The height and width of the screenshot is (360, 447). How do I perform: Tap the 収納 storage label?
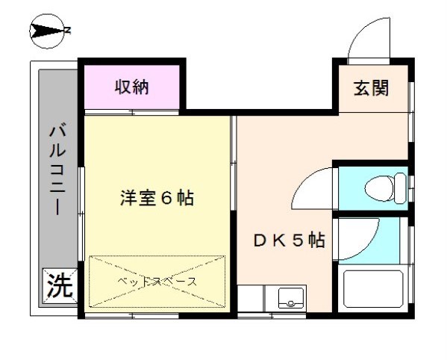[x=131, y=87]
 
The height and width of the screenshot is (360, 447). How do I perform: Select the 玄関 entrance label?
[x=371, y=87]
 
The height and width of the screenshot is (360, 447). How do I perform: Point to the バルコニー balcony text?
[x=58, y=168]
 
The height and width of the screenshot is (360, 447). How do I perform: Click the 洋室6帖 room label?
[x=157, y=198]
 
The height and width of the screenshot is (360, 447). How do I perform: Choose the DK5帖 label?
[x=289, y=240]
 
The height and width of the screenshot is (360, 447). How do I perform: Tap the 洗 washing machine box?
[x=60, y=286]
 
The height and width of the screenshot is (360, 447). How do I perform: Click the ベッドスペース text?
[x=157, y=282]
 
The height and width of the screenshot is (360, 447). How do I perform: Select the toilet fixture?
[x=385, y=188]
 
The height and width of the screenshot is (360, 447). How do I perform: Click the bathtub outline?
[x=373, y=289]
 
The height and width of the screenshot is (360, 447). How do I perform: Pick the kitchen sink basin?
[x=291, y=298]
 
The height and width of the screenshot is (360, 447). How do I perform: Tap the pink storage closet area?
[x=131, y=87]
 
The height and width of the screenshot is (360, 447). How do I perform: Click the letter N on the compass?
[x=67, y=30]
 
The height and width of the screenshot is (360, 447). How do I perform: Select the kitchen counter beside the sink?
[x=251, y=299]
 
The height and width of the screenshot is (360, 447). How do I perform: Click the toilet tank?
[x=400, y=188]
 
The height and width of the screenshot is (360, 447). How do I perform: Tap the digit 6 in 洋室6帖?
[x=166, y=198]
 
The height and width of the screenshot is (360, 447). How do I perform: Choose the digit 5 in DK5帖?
[x=298, y=240]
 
